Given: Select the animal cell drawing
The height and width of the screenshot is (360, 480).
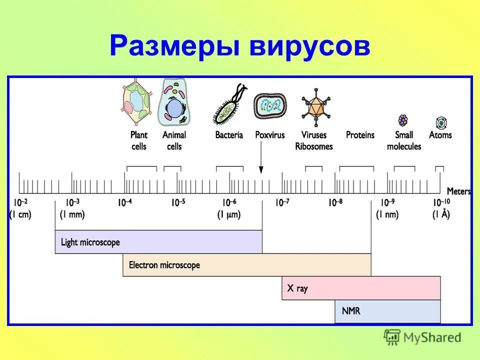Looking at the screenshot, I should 174,104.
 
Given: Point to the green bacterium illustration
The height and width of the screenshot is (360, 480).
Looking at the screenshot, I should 229,105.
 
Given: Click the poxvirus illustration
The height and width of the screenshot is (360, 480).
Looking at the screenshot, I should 270,105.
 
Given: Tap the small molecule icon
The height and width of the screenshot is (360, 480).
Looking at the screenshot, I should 403,120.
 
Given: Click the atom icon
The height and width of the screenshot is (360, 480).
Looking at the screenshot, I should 441,122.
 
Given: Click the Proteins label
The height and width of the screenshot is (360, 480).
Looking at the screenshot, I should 360,135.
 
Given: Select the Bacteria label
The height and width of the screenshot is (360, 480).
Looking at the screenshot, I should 229,135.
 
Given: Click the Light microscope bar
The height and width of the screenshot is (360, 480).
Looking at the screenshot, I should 158,242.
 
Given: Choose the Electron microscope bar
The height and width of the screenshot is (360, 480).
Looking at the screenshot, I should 246,265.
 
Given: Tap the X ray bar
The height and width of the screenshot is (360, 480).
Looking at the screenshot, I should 360,288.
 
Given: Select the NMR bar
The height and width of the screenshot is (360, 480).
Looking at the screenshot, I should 387,311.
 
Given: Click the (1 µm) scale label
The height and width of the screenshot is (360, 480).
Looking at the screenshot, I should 229,215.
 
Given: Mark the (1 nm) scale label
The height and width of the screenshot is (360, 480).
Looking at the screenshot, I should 387,215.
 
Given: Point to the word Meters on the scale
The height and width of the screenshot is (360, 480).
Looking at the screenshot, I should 458,191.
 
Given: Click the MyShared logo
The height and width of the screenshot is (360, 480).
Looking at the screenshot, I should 422,337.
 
